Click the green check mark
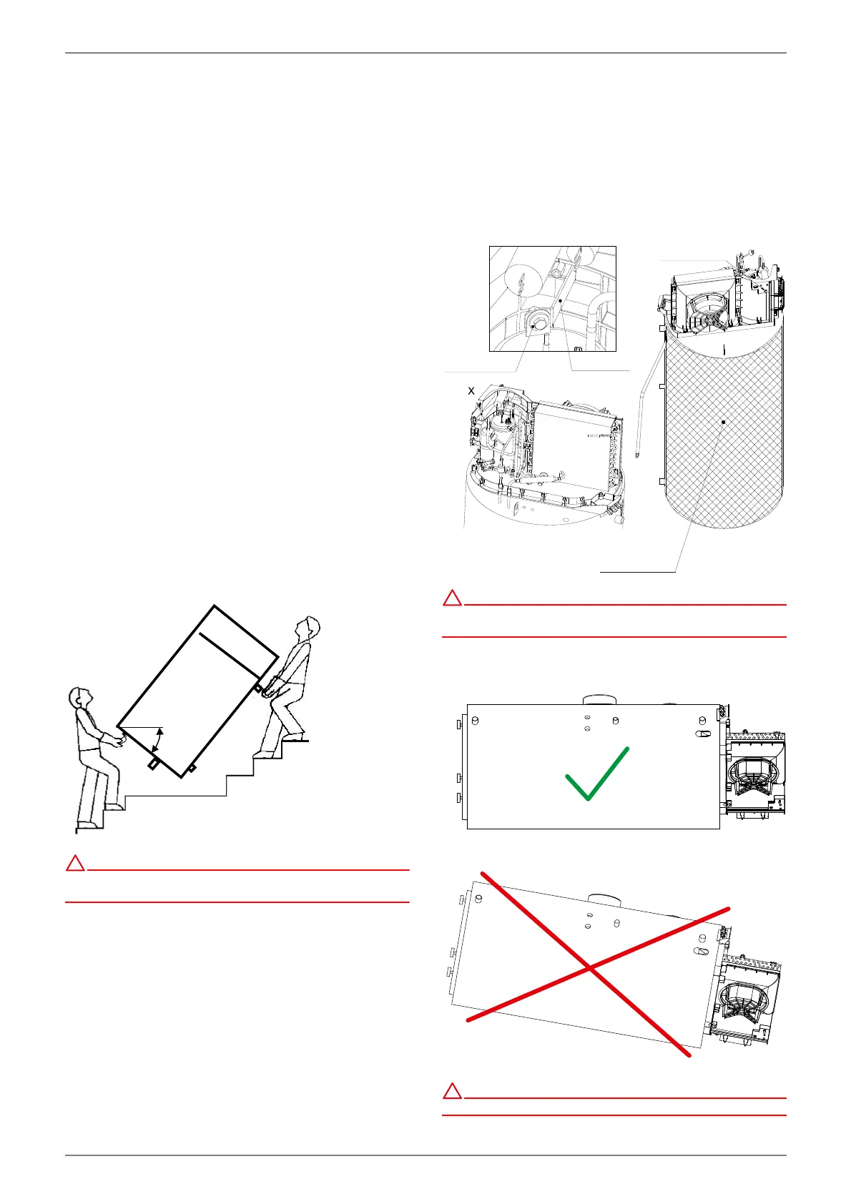click(x=596, y=776)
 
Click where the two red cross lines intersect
click(x=589, y=968)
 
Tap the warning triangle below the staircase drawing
click(x=75, y=864)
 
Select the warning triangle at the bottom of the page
click(x=452, y=1091)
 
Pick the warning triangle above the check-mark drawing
click(x=452, y=598)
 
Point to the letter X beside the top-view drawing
click(x=471, y=391)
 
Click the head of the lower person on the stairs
click(x=81, y=698)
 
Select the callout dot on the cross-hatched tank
click(x=724, y=422)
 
